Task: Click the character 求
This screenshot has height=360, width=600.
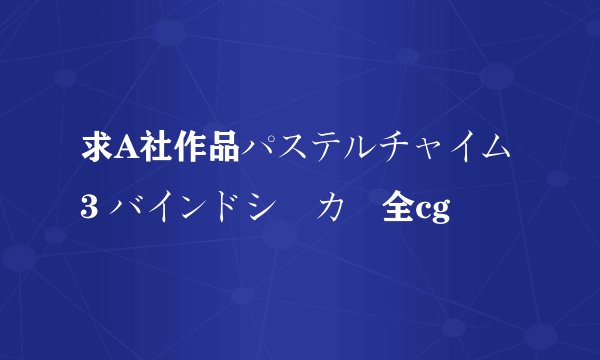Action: (97, 150)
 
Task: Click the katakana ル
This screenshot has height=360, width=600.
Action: (357, 150)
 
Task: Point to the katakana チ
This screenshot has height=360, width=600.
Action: (390, 150)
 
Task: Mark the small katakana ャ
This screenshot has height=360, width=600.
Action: (422, 153)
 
